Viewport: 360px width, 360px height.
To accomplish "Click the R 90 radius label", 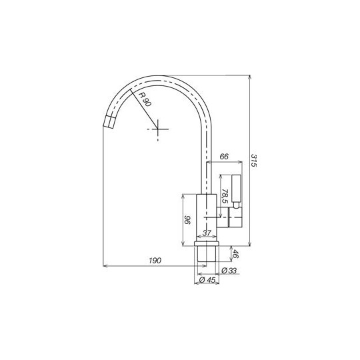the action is [145, 99].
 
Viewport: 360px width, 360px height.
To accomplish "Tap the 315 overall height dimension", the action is [254, 160].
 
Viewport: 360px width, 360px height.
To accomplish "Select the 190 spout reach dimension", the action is [155, 261].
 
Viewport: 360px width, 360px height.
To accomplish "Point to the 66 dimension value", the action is [224, 157].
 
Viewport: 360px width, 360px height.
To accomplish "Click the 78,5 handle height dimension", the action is [225, 196].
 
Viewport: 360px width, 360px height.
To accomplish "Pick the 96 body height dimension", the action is [187, 220].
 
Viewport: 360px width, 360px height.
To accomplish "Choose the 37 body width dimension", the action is [207, 233].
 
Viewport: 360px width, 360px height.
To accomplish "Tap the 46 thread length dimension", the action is [235, 254].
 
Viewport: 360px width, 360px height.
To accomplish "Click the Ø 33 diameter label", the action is [229, 271].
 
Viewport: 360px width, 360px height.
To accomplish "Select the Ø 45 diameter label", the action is [207, 280].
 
